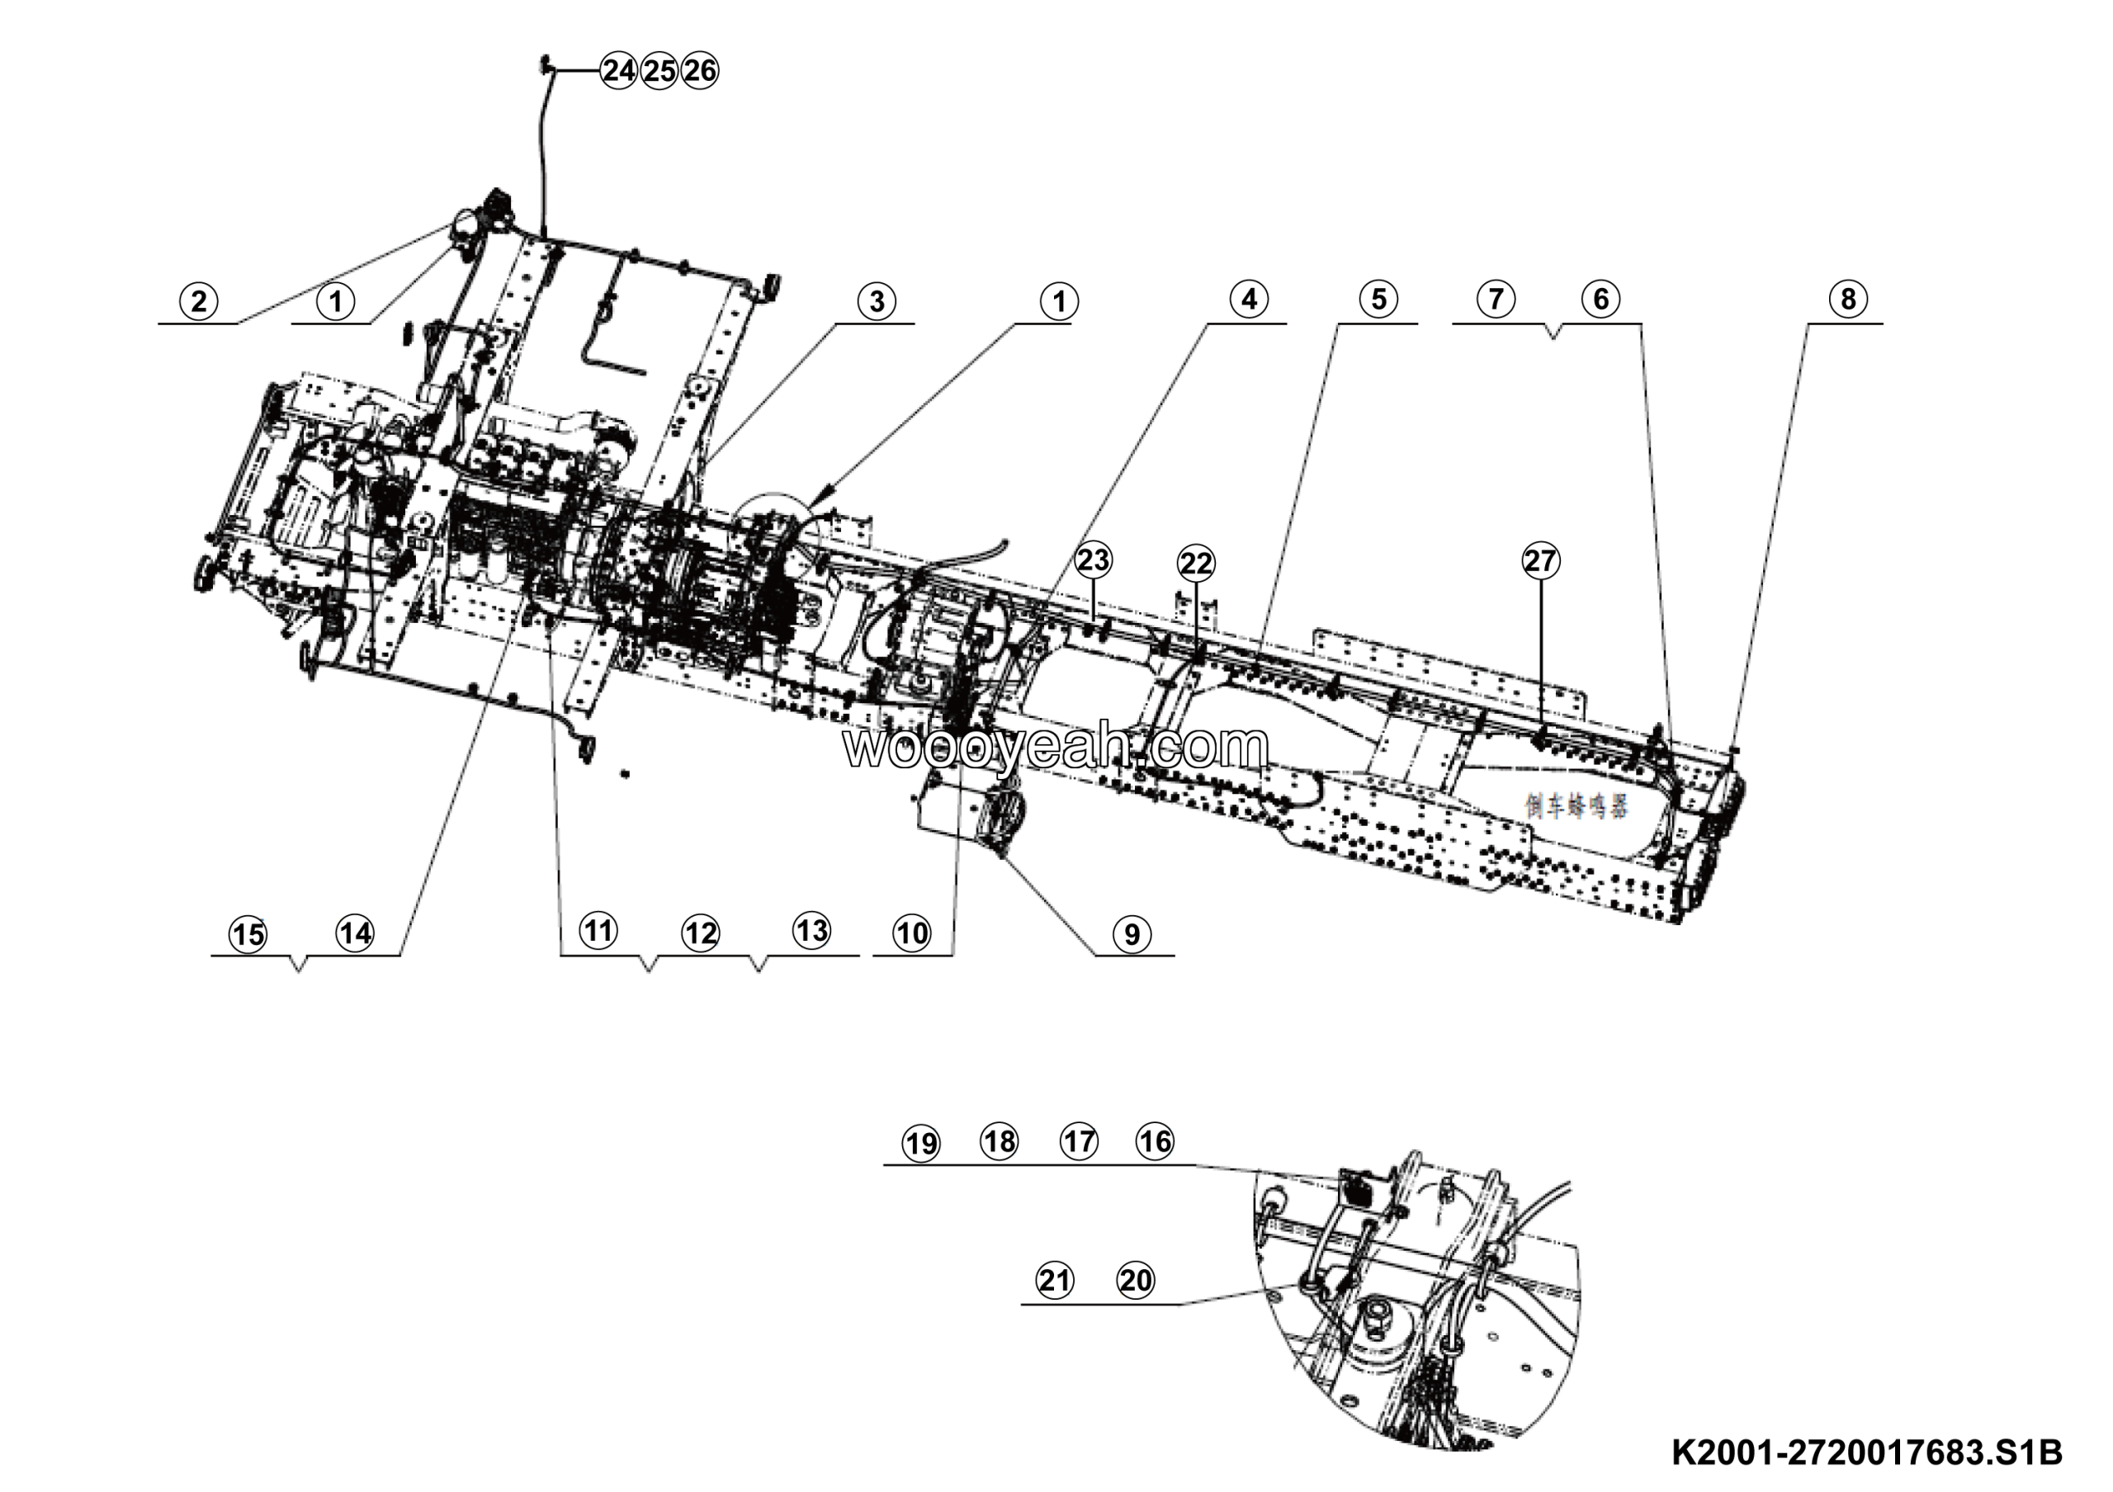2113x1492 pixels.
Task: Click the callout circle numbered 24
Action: (618, 70)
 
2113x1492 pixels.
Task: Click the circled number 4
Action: (1249, 299)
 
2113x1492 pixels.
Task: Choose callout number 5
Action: (1378, 299)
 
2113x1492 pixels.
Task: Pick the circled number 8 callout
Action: (1848, 299)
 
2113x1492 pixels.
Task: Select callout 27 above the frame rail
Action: (1540, 561)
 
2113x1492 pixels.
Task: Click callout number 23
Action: (1094, 559)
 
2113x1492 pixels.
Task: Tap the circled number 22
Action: (1196, 562)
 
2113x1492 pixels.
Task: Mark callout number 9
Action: (1132, 935)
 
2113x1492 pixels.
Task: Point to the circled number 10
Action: (912, 933)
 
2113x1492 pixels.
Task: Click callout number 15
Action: (248, 935)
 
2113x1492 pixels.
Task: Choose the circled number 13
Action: (811, 930)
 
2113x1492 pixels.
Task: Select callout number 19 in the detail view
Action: (921, 1144)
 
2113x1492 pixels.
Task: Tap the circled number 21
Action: (1055, 1281)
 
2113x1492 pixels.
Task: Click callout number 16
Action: (1156, 1141)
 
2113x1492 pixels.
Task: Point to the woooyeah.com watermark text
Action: (1056, 746)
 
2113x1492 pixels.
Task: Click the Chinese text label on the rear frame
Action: (1576, 807)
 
